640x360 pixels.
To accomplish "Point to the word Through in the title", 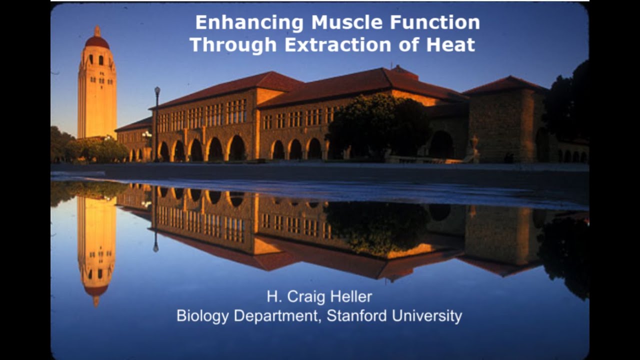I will (x=233, y=45).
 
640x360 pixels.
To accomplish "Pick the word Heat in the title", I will (x=450, y=45).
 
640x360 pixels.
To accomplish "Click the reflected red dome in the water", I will (x=96, y=291).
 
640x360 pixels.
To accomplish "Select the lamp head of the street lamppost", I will (x=157, y=90).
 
